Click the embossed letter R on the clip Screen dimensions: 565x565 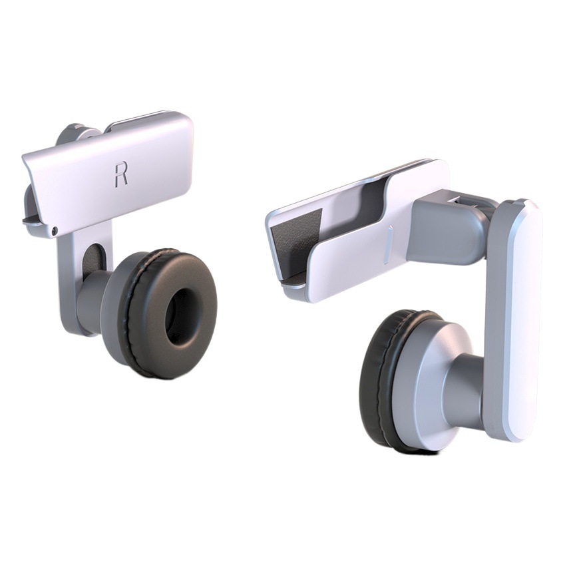(x=120, y=175)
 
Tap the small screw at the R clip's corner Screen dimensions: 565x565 (x=55, y=230)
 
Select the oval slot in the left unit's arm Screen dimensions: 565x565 (x=94, y=260)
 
